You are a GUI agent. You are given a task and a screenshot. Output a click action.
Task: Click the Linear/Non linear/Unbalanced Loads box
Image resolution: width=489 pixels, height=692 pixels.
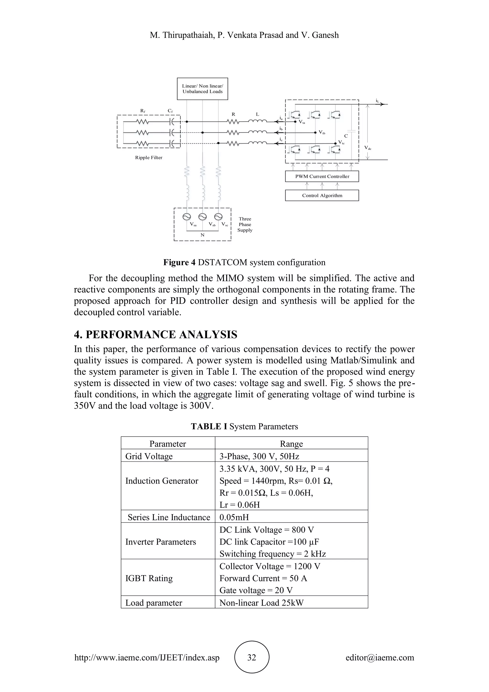[x=202, y=89]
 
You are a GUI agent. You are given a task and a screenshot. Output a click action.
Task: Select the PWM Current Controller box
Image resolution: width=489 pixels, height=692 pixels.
[x=322, y=177]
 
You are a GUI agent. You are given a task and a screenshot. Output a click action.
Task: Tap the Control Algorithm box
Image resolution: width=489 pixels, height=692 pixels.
[x=322, y=195]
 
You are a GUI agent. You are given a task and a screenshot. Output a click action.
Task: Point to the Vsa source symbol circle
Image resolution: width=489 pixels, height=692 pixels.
[x=186, y=217]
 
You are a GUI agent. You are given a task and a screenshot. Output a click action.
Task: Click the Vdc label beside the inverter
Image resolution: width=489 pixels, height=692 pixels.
[x=368, y=148]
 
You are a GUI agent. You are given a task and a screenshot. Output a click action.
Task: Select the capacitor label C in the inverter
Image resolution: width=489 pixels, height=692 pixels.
[x=346, y=136]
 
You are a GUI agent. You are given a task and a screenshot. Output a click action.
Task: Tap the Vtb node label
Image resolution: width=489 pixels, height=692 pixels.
[x=322, y=133]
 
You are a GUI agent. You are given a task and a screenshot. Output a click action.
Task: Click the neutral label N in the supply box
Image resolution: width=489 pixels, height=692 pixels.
[x=202, y=235]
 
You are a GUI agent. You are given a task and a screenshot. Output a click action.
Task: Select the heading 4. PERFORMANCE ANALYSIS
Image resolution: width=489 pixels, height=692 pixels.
[x=156, y=335]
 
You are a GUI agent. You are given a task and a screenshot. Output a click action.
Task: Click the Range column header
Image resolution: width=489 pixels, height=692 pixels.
[x=291, y=444]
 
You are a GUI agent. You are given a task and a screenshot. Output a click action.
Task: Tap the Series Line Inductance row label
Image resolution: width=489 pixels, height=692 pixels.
[x=169, y=517]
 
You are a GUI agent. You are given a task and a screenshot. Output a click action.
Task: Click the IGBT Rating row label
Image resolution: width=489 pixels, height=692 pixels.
[x=149, y=578]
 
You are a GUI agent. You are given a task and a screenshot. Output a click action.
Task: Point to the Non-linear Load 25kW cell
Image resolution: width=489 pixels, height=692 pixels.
[x=261, y=603]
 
